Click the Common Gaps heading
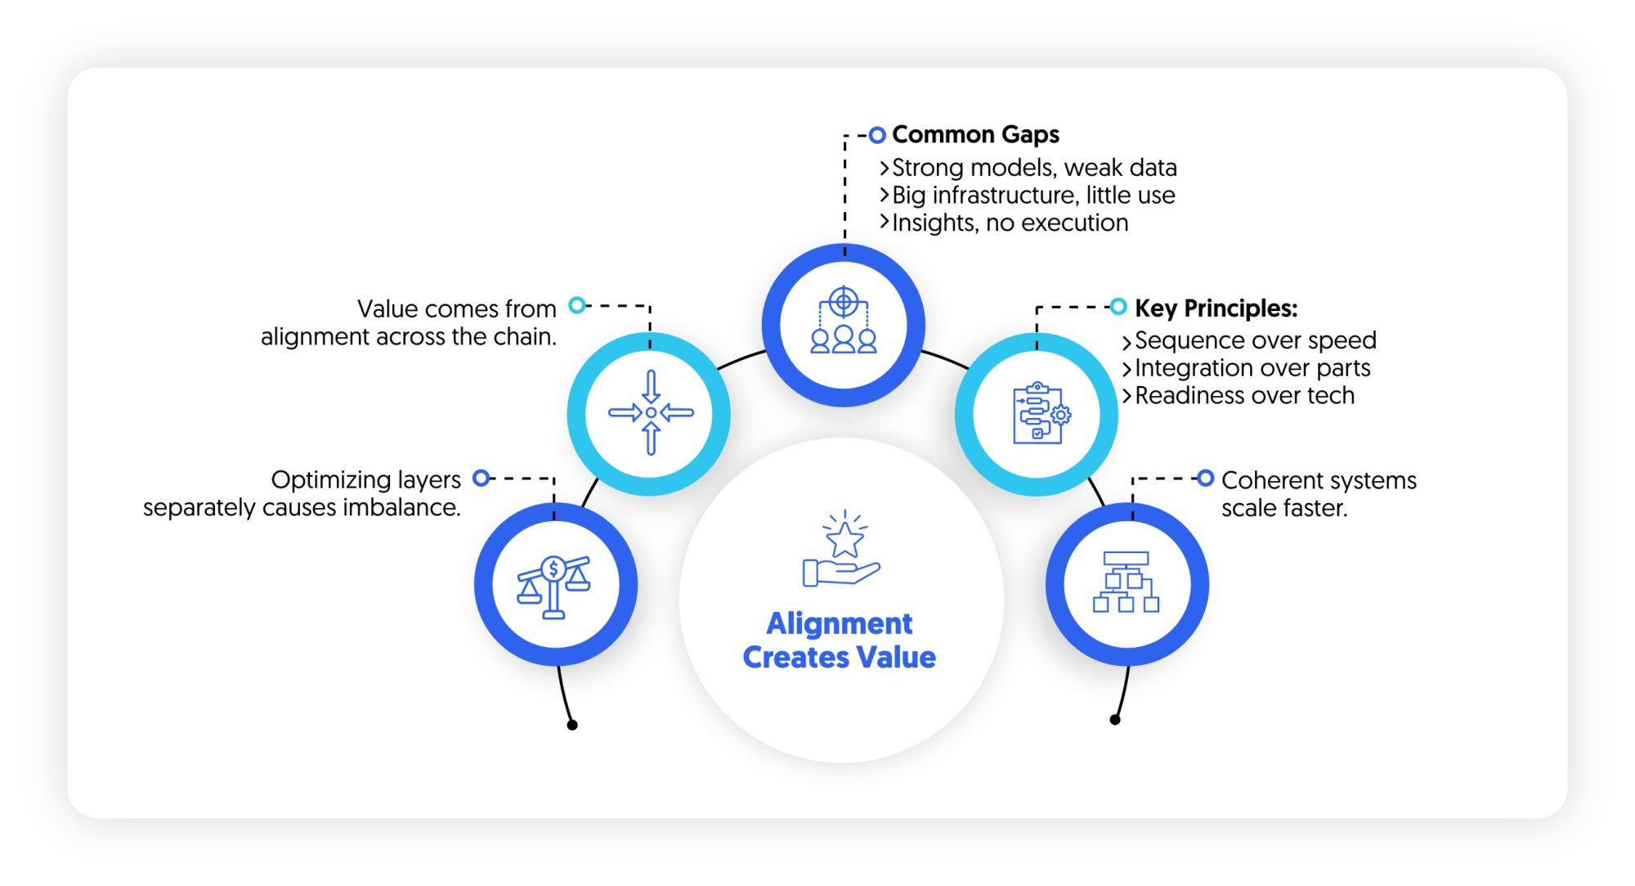pyautogui.click(x=974, y=134)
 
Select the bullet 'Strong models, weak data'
pyautogui.click(x=1033, y=168)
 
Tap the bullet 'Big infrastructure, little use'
pyautogui.click(x=1033, y=196)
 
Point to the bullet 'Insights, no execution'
pyautogui.click(x=1009, y=223)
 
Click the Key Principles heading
pyautogui.click(x=1216, y=308)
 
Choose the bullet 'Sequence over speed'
pyautogui.click(x=1255, y=340)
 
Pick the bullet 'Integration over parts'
pyautogui.click(x=1252, y=368)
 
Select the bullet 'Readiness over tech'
pyautogui.click(x=1243, y=396)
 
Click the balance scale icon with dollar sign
pyautogui.click(x=554, y=586)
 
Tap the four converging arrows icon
pyautogui.click(x=651, y=412)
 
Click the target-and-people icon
pyautogui.click(x=844, y=321)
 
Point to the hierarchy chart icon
pyautogui.click(x=1127, y=582)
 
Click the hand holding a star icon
pyautogui.click(x=842, y=550)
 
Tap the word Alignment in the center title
pyautogui.click(x=839, y=624)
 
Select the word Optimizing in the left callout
pyautogui.click(x=365, y=479)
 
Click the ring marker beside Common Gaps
pyautogui.click(x=876, y=135)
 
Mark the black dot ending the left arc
pyautogui.click(x=572, y=725)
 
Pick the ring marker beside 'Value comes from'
pyautogui.click(x=577, y=305)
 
